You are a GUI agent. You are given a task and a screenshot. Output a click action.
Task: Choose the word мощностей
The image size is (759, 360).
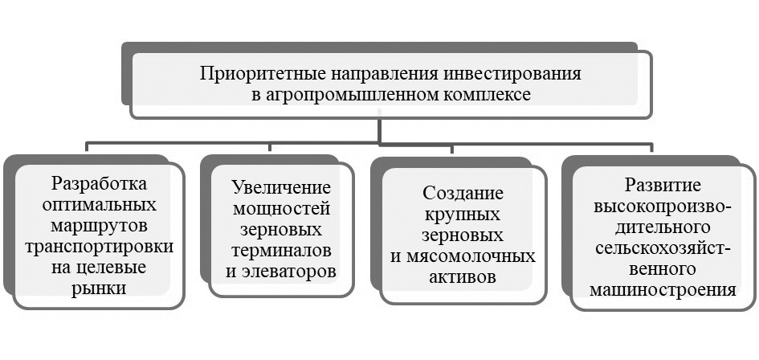[281, 209]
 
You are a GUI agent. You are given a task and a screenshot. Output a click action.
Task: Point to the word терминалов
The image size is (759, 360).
[281, 250]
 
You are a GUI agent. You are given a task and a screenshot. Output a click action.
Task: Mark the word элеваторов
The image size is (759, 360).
[281, 271]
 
